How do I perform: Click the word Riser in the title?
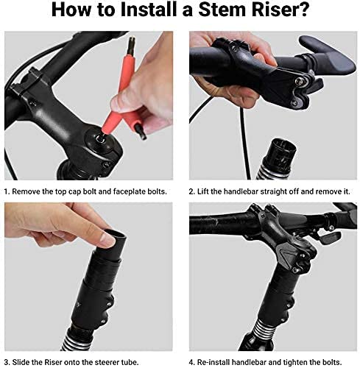276,10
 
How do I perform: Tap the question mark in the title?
303,10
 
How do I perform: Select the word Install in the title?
147,10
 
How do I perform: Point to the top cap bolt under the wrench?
100,138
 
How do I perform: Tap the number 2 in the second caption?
191,191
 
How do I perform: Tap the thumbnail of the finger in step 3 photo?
107,240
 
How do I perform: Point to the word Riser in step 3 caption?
54,362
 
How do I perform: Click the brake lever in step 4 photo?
330,237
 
